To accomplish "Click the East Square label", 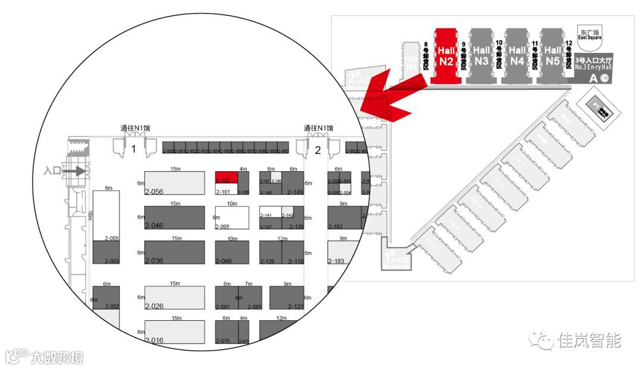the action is (x=590, y=34).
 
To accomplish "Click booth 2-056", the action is (x=175, y=183).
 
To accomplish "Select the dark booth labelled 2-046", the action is (x=175, y=218).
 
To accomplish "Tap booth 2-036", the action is (x=175, y=253).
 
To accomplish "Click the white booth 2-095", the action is (x=232, y=218).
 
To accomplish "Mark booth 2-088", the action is (x=232, y=253).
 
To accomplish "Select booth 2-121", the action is (x=287, y=298).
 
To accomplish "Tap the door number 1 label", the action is (x=134, y=149).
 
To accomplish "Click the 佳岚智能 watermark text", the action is (x=589, y=340).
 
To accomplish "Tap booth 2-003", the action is (x=106, y=253).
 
